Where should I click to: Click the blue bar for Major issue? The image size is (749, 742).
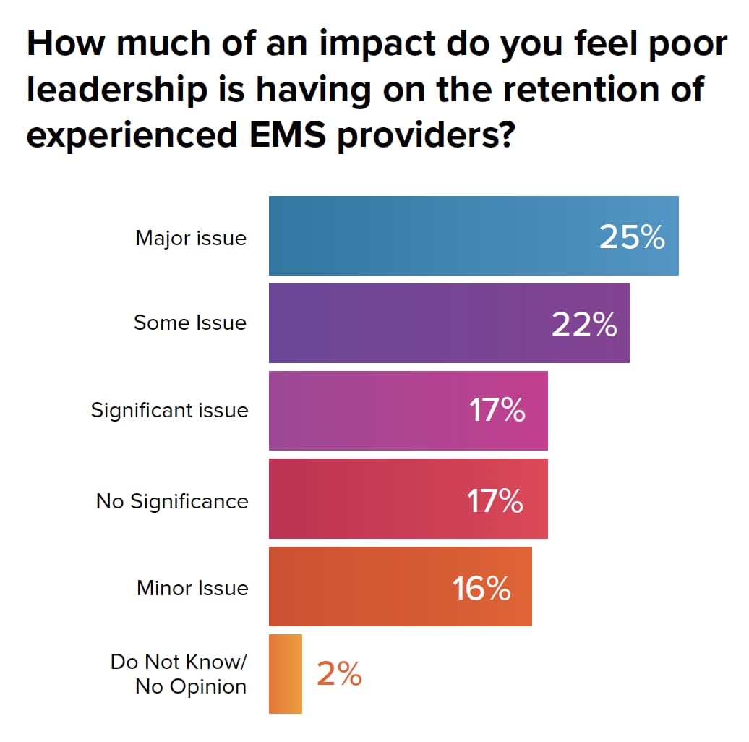[x=434, y=236]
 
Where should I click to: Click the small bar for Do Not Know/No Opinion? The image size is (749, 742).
[x=286, y=674]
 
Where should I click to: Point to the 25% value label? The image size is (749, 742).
[x=632, y=237]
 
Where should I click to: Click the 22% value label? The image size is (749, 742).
[x=584, y=325]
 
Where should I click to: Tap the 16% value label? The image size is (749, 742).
[x=482, y=588]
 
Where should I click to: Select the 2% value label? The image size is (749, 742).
[x=339, y=675]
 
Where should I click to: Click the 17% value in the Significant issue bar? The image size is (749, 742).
[x=497, y=411]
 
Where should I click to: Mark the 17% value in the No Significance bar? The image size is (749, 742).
[x=495, y=500]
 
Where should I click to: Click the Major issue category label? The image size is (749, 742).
[x=191, y=238]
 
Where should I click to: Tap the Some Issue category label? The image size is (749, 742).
[x=190, y=323]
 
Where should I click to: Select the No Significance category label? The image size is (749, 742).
[x=172, y=501]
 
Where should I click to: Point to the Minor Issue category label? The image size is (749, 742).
[x=192, y=588]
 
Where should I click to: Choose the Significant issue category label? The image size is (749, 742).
[x=169, y=411]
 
